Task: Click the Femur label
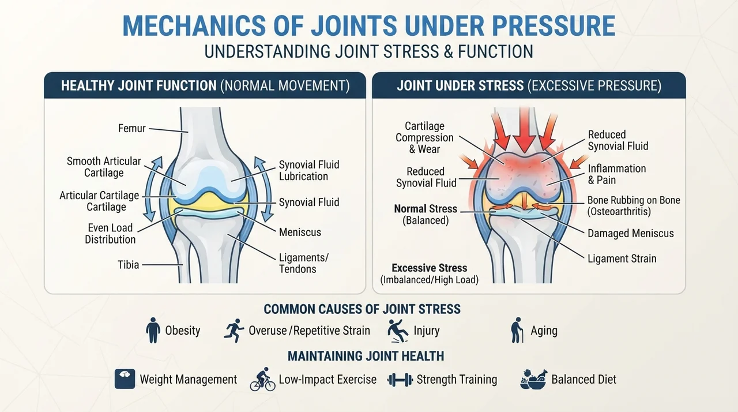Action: tap(132, 128)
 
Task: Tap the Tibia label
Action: tap(128, 265)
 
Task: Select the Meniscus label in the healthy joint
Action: tap(300, 232)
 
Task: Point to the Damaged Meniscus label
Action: tap(631, 233)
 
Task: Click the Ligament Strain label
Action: tap(622, 259)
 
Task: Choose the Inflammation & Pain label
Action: tap(617, 174)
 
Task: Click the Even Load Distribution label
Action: tap(110, 233)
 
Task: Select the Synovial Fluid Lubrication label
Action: tap(309, 170)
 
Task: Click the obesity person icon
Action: tap(153, 330)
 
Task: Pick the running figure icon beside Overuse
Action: tap(234, 330)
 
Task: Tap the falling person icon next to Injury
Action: tap(398, 331)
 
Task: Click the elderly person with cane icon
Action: tap(517, 330)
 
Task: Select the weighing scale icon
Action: tap(125, 379)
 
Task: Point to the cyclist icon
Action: tap(262, 379)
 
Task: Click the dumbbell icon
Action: tap(400, 380)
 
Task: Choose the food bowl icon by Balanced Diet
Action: tap(534, 379)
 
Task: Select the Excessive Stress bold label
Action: tap(430, 268)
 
